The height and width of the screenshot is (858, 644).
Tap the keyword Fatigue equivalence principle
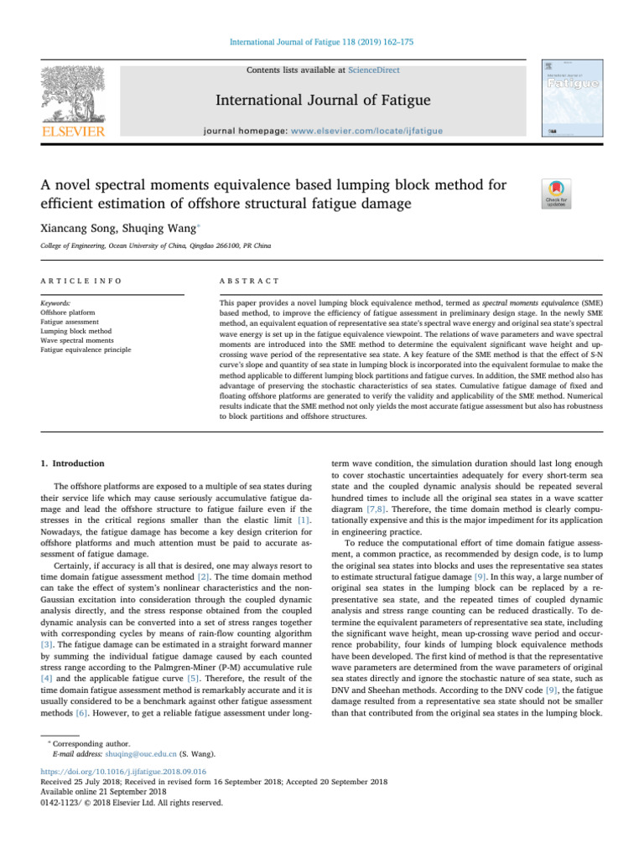pos(85,349)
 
